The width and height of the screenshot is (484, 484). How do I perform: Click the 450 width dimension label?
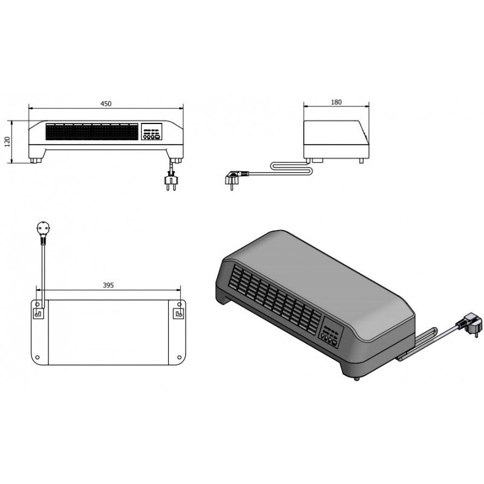pyautogui.click(x=106, y=103)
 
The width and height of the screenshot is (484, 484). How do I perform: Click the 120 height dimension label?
pyautogui.click(x=7, y=142)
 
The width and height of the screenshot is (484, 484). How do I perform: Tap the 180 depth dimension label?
pyautogui.click(x=336, y=102)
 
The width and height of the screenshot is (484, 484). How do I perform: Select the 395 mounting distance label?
pyautogui.click(x=108, y=285)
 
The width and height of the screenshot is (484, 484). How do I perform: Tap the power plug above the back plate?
pyautogui.click(x=43, y=232)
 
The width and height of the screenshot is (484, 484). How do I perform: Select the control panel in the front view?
pyautogui.click(x=152, y=132)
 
